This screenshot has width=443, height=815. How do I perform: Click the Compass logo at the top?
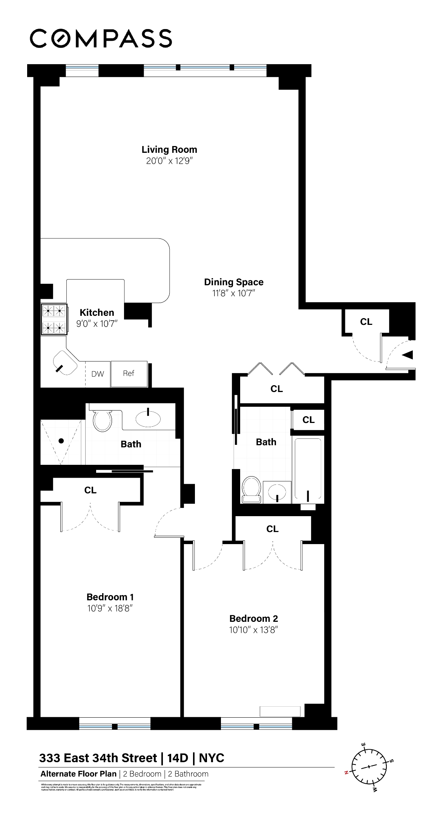[101, 38]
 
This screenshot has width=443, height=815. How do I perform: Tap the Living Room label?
[169, 149]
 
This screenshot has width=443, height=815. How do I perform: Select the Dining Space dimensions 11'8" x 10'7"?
[234, 293]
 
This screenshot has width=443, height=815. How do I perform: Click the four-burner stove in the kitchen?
[54, 319]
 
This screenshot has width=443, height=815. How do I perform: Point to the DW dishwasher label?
[98, 374]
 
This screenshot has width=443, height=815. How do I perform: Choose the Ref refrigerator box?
[129, 374]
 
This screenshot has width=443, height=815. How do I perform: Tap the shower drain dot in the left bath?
[61, 440]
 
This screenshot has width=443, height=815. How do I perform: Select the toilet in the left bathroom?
[102, 421]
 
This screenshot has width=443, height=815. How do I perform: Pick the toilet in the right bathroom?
[251, 489]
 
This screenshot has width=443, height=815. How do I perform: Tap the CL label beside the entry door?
[366, 322]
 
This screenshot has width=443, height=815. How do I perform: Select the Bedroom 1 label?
[110, 597]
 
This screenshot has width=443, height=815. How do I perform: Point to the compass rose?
[369, 767]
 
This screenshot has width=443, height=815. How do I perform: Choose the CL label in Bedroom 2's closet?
[272, 529]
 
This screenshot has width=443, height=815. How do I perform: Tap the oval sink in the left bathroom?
[148, 418]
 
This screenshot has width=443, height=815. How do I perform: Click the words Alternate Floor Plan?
[78, 774]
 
